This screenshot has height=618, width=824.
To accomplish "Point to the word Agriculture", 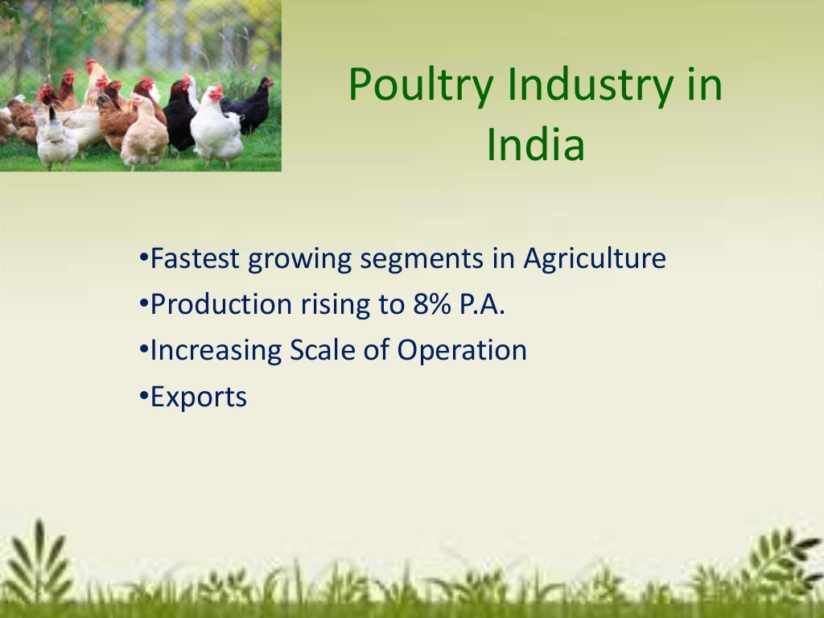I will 595,259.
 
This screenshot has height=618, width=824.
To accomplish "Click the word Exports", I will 199,397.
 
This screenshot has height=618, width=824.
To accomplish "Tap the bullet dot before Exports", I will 143,395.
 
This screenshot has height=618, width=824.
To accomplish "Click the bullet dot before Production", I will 143,303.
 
